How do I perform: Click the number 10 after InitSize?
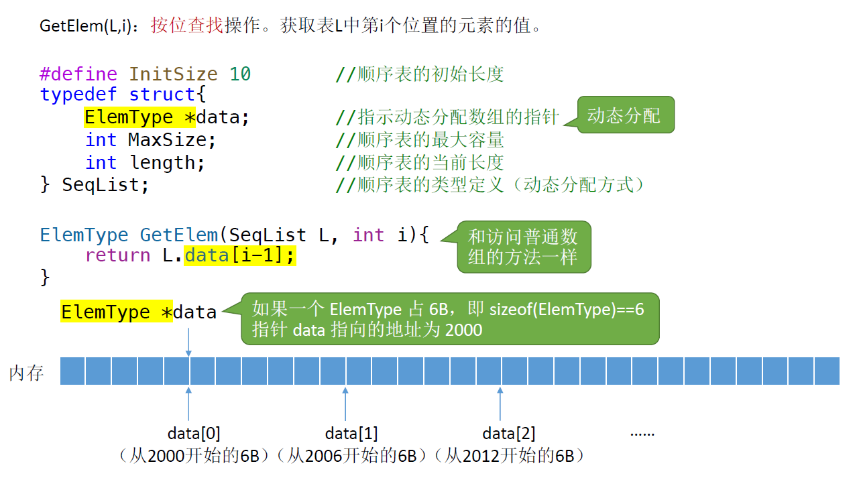tap(240, 74)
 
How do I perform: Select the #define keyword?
tap(78, 74)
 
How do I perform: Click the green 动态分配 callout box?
tap(624, 115)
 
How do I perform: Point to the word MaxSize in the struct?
tap(172, 140)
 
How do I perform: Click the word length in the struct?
tap(167, 163)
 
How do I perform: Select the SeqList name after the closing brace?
tap(105, 185)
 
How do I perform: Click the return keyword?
tap(118, 255)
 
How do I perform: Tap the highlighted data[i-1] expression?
tap(239, 255)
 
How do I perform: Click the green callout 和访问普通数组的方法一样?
tap(523, 246)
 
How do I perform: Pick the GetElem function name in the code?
tap(178, 235)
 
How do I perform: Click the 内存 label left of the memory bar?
tap(27, 373)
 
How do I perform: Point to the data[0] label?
tap(194, 433)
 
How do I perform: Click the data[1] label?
tap(351, 433)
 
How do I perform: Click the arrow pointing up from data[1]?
tap(345, 404)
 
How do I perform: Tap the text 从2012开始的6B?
tap(510, 456)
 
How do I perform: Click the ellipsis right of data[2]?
tap(642, 434)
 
